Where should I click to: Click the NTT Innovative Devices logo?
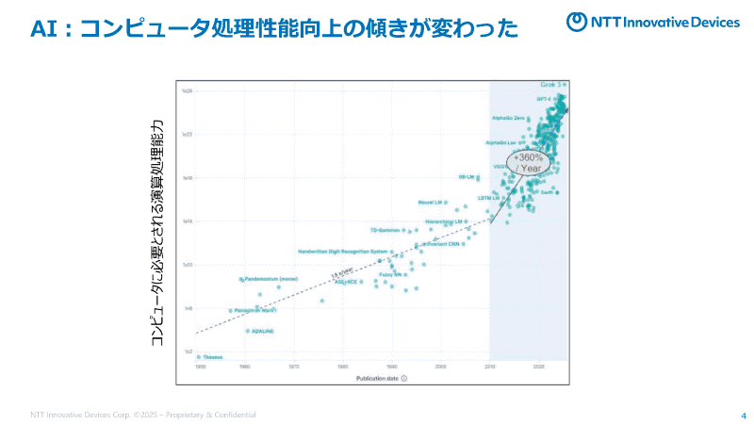pos(652,22)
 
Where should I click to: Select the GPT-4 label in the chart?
pos(544,98)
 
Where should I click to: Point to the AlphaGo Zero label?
pos(508,118)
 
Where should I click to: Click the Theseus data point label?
pos(213,357)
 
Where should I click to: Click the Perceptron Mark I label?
pos(254,310)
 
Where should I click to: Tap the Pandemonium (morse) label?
pos(272,279)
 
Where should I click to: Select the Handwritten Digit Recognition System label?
pos(342,252)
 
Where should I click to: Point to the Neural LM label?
pos(431,203)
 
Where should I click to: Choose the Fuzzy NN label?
pos(391,274)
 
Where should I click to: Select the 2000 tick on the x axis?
pos(440,366)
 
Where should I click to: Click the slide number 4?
pos(744,416)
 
